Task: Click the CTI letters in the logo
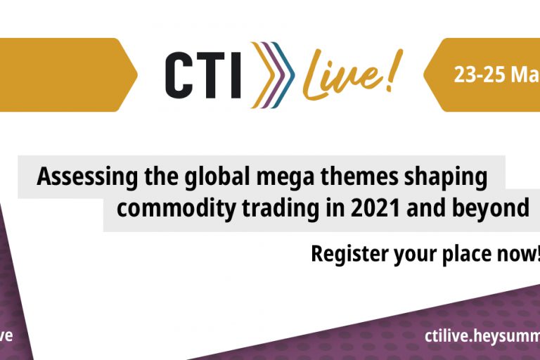(x=203, y=75)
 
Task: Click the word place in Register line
(x=472, y=254)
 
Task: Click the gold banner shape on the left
(x=63, y=75)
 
